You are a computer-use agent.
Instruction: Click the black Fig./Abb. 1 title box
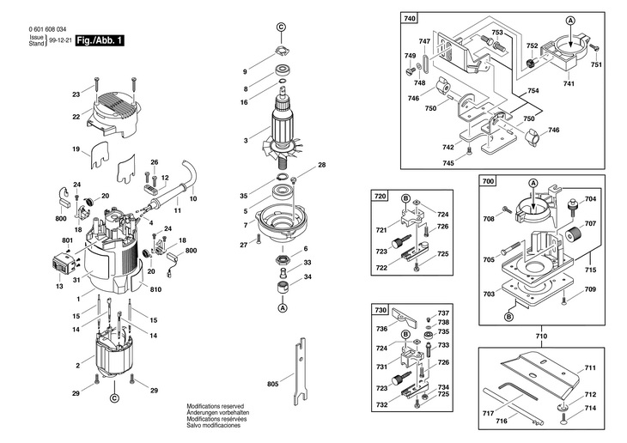pos(100,40)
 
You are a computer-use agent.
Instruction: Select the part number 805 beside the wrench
pos(273,384)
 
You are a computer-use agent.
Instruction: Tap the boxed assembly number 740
pos(410,18)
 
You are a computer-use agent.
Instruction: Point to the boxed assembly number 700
pos(488,181)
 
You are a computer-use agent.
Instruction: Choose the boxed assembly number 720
pos(380,196)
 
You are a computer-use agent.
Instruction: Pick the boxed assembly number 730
pos(380,310)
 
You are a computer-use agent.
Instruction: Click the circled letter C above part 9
pos(282,27)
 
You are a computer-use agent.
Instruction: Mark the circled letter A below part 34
pos(283,308)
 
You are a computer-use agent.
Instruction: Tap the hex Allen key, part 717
pos(517,391)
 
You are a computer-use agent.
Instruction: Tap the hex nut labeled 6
pos(283,260)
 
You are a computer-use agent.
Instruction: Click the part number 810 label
pos(155,289)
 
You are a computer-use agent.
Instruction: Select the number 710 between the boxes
pos(541,337)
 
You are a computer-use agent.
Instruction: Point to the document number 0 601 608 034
pos(47,29)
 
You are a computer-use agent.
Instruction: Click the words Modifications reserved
pos(215,406)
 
